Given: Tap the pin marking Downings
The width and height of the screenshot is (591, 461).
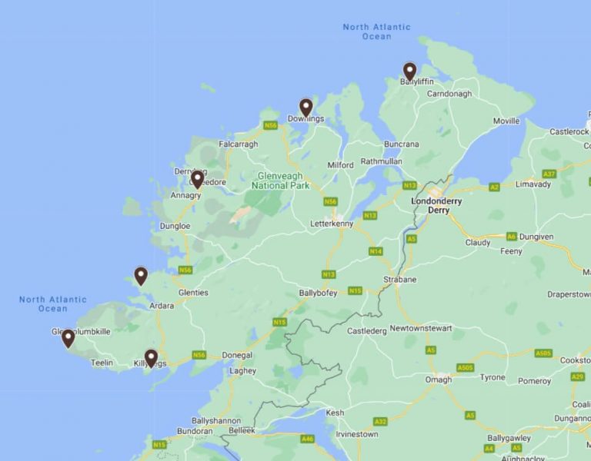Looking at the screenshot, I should pos(306,108).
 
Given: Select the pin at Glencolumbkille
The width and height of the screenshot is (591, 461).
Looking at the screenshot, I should pos(68,338).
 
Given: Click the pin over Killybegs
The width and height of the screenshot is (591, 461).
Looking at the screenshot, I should pos(151,358).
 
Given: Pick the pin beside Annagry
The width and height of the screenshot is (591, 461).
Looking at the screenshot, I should pos(197,180).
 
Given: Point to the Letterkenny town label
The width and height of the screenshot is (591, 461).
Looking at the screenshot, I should pos(331,224).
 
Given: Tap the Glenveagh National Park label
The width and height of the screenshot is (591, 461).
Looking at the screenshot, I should pos(280,180).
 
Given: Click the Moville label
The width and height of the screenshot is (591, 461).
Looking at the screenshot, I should pos(506,121).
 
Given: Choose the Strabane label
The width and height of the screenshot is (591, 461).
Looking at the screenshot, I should pos(401,279).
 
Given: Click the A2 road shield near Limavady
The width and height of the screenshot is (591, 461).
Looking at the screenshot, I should pos(494,187).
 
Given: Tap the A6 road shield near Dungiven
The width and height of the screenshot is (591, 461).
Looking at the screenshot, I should pos(512,237).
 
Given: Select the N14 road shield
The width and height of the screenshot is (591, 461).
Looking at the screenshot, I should pos(376,251).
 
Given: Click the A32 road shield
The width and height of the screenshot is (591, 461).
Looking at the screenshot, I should pos(380,421).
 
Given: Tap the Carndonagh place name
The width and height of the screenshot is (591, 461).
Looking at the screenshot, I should pos(449,94).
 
